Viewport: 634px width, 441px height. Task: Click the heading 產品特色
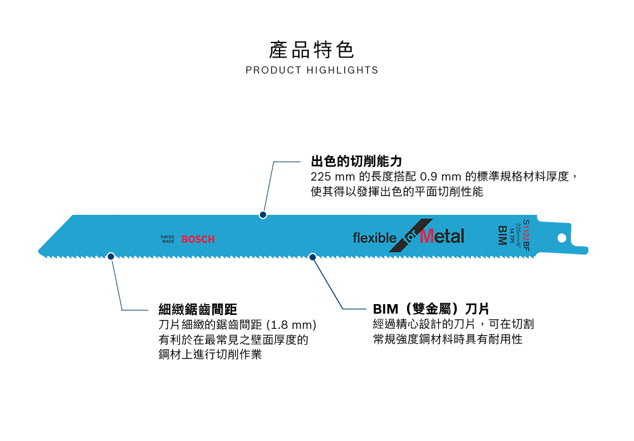coord(312,49)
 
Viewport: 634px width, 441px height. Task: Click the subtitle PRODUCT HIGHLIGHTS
coord(312,70)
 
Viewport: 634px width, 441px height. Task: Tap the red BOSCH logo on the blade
coord(198,239)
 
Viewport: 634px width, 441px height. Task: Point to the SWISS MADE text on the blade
coord(167,240)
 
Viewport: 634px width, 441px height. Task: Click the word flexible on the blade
coord(374,238)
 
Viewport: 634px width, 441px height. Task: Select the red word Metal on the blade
coord(442,236)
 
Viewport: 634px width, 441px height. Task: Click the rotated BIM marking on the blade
coord(502,235)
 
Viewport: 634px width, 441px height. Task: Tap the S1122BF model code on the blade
coord(526,235)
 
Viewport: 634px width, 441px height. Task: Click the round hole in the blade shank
coord(561,238)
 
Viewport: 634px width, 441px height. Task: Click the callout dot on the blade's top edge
coord(262,215)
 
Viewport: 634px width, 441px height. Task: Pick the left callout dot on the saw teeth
coord(111,257)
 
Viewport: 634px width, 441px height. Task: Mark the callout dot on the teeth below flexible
coord(312,257)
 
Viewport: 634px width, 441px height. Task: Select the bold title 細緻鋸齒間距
coord(198,309)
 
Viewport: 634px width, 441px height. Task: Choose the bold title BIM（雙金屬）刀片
coord(431,309)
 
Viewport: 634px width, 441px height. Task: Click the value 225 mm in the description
coord(333,177)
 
